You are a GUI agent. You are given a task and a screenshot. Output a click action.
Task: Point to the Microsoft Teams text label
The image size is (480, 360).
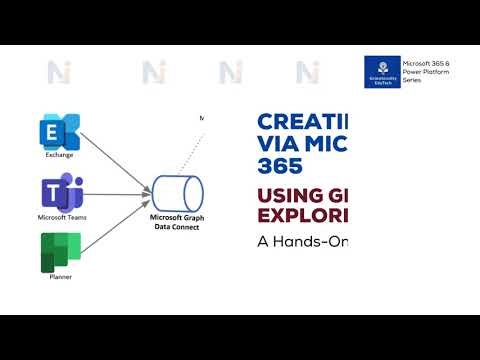click(x=58, y=216)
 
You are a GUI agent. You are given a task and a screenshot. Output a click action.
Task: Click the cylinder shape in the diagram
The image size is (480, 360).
click(x=177, y=191)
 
